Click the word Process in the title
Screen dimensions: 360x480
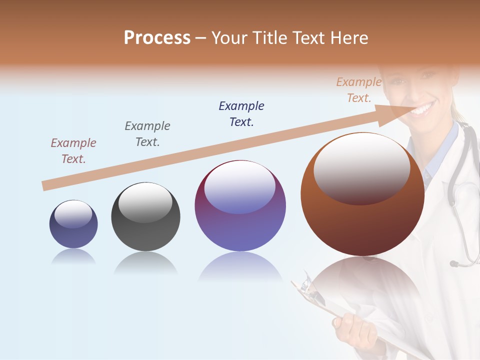tap(157, 38)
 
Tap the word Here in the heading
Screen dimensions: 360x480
tap(349, 38)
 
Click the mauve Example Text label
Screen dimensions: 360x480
tap(73, 151)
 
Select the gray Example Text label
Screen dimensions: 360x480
tap(147, 134)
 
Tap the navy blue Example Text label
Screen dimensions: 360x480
tap(241, 113)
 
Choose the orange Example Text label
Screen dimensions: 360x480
tap(358, 90)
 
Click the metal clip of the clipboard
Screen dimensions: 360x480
tap(307, 289)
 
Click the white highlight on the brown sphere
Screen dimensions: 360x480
tap(362, 167)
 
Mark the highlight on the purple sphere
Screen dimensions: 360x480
tap(240, 186)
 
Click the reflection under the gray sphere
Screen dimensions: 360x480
tap(145, 263)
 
